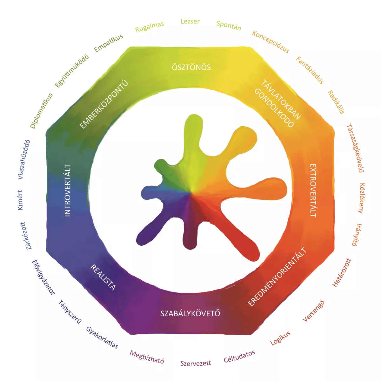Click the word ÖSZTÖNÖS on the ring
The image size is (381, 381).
[x=191, y=67]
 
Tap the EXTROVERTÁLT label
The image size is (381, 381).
[x=313, y=190]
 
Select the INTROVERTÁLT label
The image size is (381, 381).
[x=68, y=190]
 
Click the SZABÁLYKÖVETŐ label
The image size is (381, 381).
[x=190, y=314]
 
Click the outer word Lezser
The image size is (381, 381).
[x=190, y=21]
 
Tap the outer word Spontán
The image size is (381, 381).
[x=229, y=26]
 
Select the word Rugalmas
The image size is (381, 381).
[x=150, y=27]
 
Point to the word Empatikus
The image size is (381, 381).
[x=108, y=43]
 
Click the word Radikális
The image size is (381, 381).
[x=336, y=102]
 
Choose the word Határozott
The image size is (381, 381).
[x=342, y=273]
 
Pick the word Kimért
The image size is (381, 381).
[x=20, y=200]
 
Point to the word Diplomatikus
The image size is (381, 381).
[x=41, y=111]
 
